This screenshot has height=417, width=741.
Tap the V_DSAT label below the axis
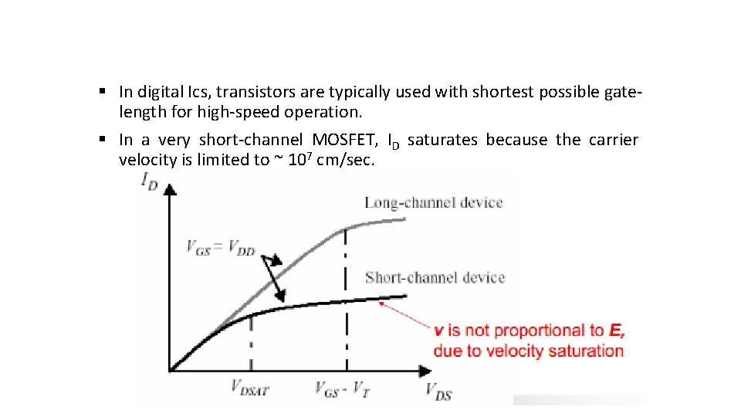click(249, 388)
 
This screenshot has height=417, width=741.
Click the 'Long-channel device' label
click(434, 203)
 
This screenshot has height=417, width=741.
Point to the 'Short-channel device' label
click(435, 277)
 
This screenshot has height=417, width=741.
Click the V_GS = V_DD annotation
click(221, 248)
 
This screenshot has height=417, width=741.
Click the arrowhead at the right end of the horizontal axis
click(426, 371)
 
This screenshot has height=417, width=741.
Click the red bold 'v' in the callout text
click(438, 331)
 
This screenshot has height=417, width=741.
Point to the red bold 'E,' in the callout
click(617, 331)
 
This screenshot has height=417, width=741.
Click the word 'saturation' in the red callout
click(586, 351)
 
